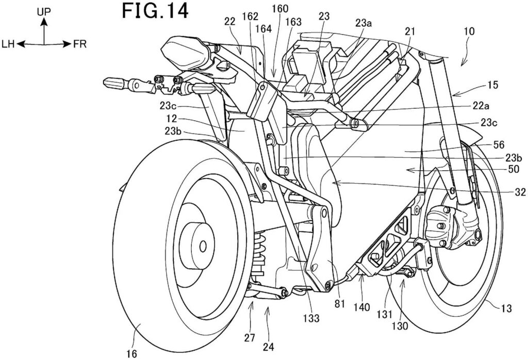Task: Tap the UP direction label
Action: coord(44,10)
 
